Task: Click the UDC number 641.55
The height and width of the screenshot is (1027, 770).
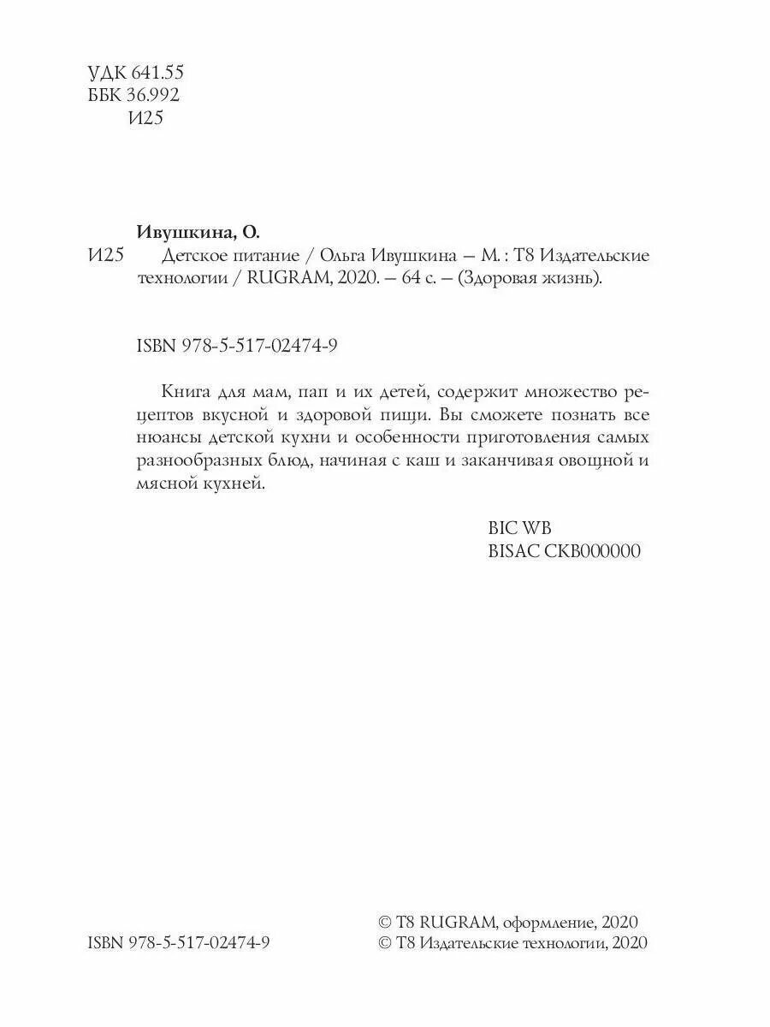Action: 153,72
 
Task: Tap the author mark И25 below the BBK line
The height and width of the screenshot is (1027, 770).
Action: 145,118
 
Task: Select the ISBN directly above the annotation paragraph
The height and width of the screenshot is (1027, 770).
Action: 239,345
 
